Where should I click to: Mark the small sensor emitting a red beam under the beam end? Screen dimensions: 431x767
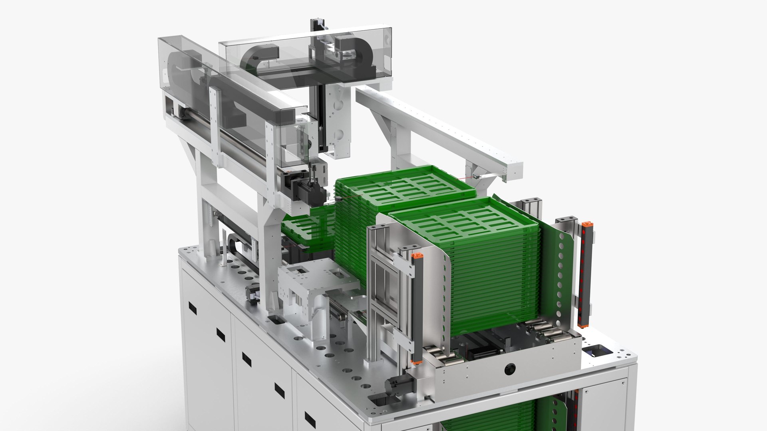(475, 176)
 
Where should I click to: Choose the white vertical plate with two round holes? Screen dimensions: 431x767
(338, 120)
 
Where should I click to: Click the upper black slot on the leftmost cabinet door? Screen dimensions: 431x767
(193, 308)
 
